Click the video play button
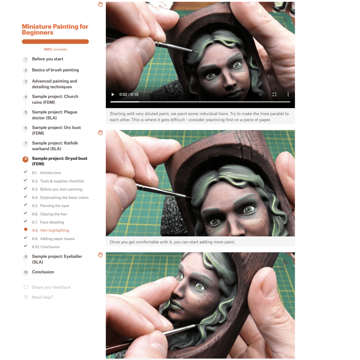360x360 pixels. pos(113,94)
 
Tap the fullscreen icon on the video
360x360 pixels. pos(274,94)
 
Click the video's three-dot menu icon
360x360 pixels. pos(288,94)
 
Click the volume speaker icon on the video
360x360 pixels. pos(261,94)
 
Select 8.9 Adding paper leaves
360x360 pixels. pos(53,239)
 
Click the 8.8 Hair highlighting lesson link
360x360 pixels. pos(51,230)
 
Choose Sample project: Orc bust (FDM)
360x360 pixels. pos(56,130)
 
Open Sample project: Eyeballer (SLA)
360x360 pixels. pos(57,259)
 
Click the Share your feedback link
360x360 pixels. pos(51,287)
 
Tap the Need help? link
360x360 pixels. pos(42,297)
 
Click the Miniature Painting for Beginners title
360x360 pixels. pos(55,30)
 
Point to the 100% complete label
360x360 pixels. pos(55,49)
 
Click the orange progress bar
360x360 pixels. pos(55,41)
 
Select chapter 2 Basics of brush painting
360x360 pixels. pos(55,70)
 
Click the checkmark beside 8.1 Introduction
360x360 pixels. pos(25,172)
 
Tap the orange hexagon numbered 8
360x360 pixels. pos(25,159)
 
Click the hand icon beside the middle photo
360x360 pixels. pos(100,133)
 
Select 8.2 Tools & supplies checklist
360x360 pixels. pos(58,181)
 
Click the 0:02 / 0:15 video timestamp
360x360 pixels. pos(129,94)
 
